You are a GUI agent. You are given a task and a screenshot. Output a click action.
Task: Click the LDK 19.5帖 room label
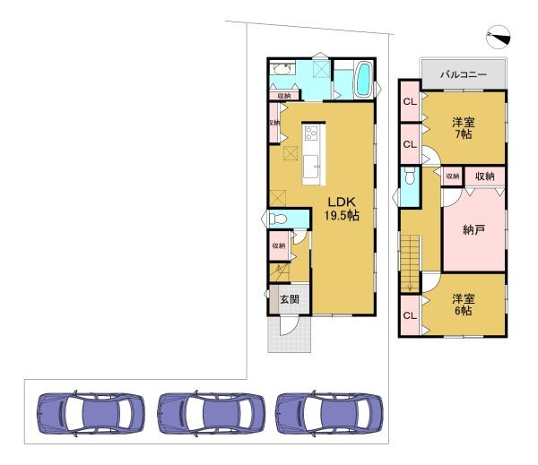pyautogui.click(x=342, y=209)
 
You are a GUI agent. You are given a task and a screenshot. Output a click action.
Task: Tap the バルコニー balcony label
pyautogui.click(x=464, y=74)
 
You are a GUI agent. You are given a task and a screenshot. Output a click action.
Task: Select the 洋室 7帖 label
pyautogui.click(x=464, y=128)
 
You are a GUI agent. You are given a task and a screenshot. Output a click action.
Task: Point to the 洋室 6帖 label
pyautogui.click(x=464, y=305)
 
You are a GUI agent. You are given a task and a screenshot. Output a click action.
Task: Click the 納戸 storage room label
pyautogui.click(x=473, y=229)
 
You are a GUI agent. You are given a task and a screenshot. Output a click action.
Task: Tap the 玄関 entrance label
pyautogui.click(x=290, y=299)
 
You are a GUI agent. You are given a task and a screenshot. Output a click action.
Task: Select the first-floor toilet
pyautogui.click(x=278, y=219)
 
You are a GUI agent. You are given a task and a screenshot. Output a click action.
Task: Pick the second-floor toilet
pyautogui.click(x=410, y=177)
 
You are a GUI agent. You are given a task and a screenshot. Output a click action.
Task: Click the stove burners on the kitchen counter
pyautogui.click(x=311, y=133)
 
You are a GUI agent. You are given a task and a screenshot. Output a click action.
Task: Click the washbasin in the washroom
pyautogui.click(x=282, y=69)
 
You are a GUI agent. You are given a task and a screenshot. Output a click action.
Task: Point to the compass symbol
pyautogui.click(x=499, y=37)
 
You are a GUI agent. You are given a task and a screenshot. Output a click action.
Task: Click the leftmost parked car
pyautogui.click(x=91, y=413)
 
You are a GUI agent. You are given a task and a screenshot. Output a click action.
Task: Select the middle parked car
pyautogui.click(x=212, y=413)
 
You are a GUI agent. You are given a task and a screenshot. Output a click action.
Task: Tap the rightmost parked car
pyautogui.click(x=329, y=413)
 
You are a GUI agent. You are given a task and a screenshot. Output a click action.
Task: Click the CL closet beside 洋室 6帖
pyautogui.click(x=410, y=315)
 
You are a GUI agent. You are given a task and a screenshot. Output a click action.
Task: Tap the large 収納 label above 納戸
pyautogui.click(x=485, y=177)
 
